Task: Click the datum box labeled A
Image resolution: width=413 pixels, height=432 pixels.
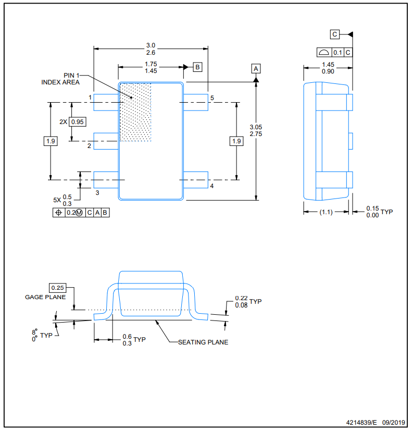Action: (x=256, y=69)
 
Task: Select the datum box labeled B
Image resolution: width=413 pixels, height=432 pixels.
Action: (x=197, y=67)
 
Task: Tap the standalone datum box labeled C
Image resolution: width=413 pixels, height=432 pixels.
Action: (x=334, y=34)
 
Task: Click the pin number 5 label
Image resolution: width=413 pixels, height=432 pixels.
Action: (x=212, y=98)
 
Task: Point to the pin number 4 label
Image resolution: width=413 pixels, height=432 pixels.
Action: (x=212, y=186)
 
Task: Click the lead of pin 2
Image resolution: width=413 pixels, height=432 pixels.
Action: (x=106, y=141)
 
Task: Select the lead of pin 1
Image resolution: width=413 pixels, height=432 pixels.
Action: (x=106, y=103)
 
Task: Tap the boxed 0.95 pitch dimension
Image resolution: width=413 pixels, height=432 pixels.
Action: (x=78, y=122)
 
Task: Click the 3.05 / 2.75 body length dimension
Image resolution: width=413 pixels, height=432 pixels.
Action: (x=256, y=131)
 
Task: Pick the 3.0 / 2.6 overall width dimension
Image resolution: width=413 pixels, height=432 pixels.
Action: (x=151, y=49)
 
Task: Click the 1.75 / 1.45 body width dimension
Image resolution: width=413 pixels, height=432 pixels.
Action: (x=151, y=68)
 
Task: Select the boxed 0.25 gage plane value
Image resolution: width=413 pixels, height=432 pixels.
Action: (x=57, y=288)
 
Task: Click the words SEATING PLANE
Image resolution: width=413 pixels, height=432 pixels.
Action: (x=203, y=342)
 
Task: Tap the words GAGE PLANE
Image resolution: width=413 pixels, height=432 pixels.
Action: (x=45, y=297)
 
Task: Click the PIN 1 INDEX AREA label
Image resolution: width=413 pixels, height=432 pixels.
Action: (x=60, y=79)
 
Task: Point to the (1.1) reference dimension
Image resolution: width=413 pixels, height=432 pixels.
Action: (x=326, y=212)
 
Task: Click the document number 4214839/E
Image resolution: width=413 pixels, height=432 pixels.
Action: (x=361, y=422)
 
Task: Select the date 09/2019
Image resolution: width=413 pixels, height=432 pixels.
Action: (x=393, y=422)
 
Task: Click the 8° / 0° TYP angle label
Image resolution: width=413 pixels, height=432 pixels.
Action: (x=42, y=335)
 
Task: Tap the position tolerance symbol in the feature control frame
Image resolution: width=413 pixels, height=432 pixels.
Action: (x=59, y=213)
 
